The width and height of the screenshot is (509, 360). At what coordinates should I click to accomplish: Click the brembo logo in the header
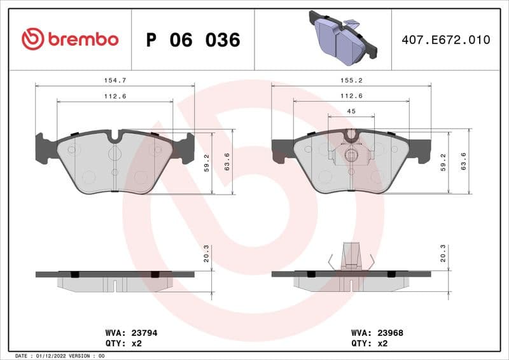69,39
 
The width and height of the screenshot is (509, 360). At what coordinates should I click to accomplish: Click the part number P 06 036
193,40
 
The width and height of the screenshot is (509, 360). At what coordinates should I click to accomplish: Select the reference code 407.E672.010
446,40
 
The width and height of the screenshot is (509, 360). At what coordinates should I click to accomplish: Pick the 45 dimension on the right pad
351,111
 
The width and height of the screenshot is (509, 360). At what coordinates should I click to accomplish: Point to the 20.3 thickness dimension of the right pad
443,254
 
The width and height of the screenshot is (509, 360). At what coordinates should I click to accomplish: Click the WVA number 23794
126,332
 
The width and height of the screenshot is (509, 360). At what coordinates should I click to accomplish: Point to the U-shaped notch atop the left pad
115,135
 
